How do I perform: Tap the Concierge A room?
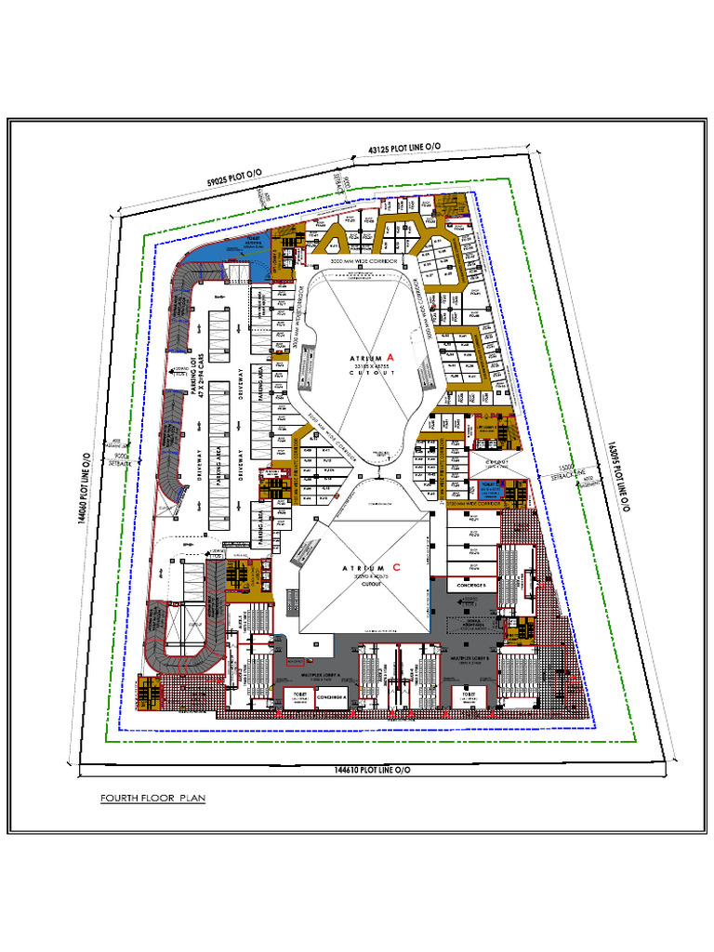coord(332,696)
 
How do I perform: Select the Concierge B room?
coord(473,584)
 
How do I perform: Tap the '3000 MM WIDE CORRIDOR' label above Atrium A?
coord(364,263)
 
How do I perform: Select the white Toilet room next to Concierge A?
coord(299,697)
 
